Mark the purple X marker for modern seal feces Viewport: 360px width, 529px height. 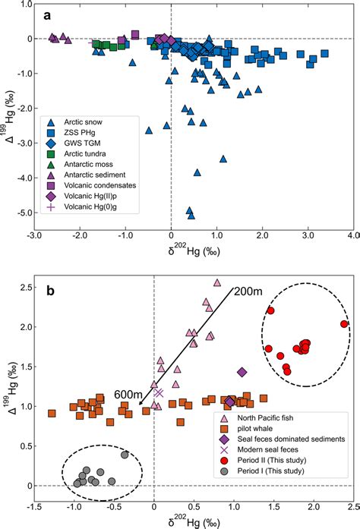click(x=159, y=392)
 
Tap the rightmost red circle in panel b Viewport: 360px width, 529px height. click(x=344, y=324)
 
